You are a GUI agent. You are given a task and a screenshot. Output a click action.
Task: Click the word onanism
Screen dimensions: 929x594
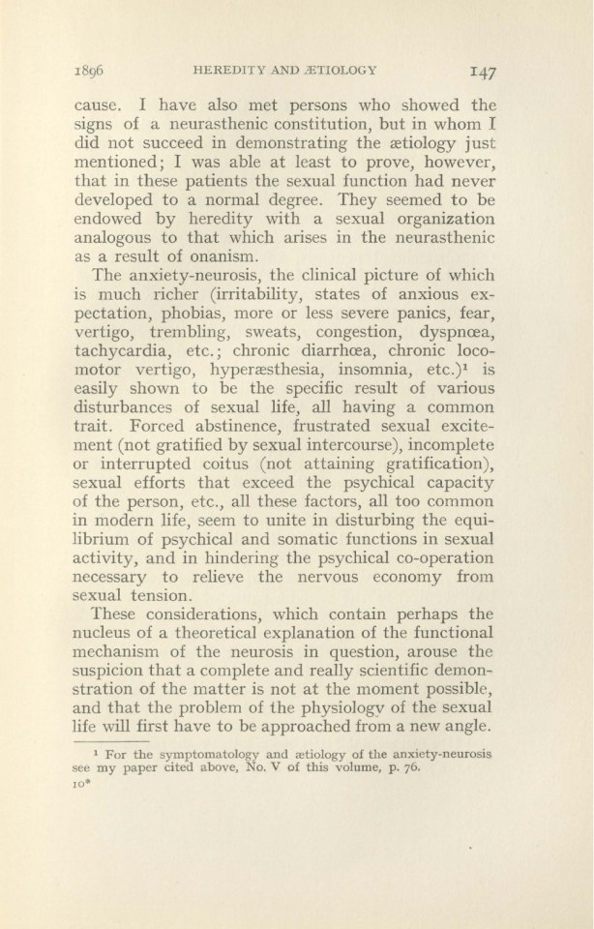222,255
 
